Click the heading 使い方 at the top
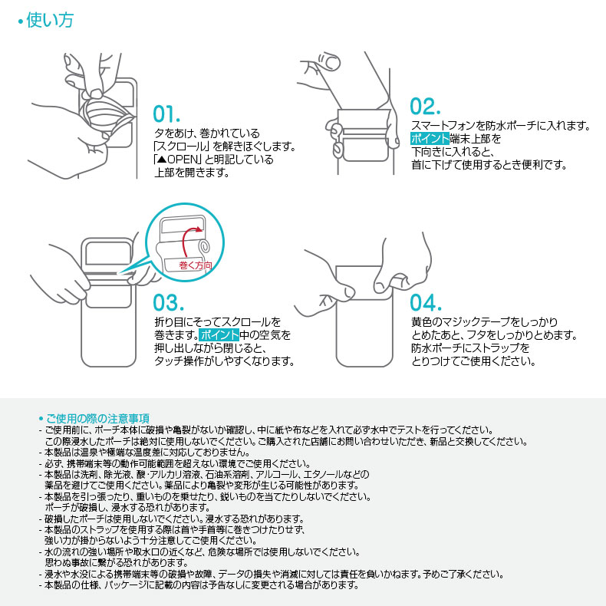pyautogui.click(x=50, y=21)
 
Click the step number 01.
pyautogui.click(x=166, y=114)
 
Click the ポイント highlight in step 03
pyautogui.click(x=219, y=335)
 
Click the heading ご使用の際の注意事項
pyautogui.click(x=97, y=418)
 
